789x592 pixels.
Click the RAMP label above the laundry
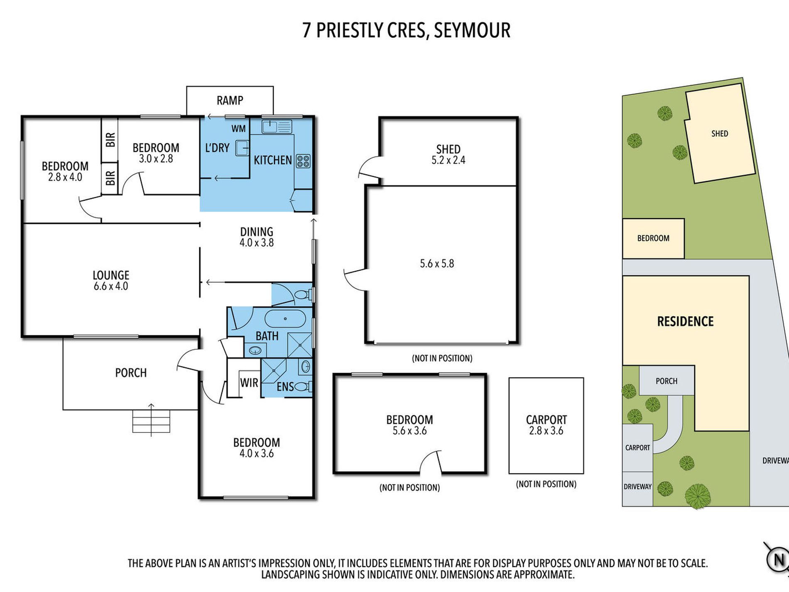coord(230,100)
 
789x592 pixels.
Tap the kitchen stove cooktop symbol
coord(303,161)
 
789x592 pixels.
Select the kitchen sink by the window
coord(277,126)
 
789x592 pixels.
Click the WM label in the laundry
coord(238,129)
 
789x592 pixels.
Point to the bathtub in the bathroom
coord(285,319)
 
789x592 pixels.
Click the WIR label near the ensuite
coord(249,383)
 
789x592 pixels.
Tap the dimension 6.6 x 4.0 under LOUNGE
coord(111,286)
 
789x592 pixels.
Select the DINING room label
coord(257,232)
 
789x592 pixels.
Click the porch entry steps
coord(151,421)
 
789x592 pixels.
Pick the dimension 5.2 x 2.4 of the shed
coord(448,160)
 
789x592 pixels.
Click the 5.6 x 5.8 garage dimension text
coord(437,263)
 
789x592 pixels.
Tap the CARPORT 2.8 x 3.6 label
coord(546,425)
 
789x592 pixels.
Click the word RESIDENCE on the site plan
coord(685,321)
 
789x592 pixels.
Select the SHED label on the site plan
coord(719,133)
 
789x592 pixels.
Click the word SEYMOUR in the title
coord(472,30)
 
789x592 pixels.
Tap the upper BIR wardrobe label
coord(110,140)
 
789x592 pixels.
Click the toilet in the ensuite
coord(302,387)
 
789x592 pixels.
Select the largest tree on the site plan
coord(697,496)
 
